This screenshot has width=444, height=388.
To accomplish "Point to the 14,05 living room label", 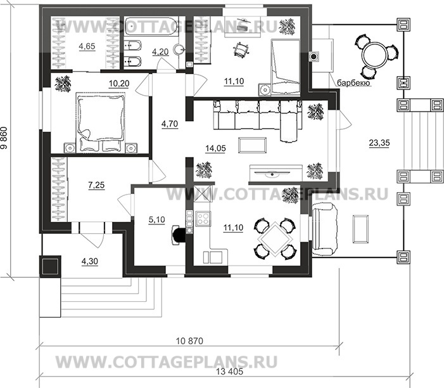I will pyautogui.click(x=216, y=149).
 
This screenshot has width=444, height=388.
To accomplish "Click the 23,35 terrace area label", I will pyautogui.click(x=379, y=143).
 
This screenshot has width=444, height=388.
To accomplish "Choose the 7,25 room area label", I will pyautogui.click(x=98, y=185).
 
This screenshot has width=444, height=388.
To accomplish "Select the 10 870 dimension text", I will pyautogui.click(x=189, y=342).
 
